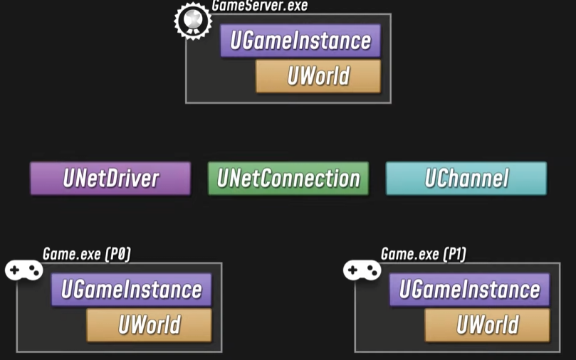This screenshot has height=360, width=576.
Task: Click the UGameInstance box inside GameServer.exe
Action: (x=300, y=41)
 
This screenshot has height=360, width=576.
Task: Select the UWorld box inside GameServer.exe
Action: (x=318, y=76)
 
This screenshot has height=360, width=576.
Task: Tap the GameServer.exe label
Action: (x=260, y=6)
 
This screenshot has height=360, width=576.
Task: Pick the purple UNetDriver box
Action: (x=110, y=178)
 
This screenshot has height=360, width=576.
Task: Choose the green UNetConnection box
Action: (x=288, y=178)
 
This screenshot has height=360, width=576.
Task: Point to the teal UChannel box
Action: (x=466, y=178)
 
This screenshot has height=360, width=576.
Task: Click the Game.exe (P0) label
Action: (x=87, y=254)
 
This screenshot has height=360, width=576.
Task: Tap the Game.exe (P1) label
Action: (x=424, y=254)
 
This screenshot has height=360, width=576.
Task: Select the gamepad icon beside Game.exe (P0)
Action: (x=24, y=270)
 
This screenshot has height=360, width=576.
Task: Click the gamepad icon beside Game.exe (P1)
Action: (x=362, y=270)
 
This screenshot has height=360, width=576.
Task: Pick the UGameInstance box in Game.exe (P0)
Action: (x=131, y=290)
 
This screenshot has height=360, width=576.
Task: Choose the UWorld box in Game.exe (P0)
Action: (x=149, y=325)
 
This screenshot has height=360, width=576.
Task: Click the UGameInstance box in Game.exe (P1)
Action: (x=469, y=290)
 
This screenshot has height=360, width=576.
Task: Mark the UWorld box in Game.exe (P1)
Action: (x=487, y=325)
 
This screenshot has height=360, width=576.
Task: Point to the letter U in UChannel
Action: (x=431, y=179)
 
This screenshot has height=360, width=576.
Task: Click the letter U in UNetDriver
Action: (x=69, y=179)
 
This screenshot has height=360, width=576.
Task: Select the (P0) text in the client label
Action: (x=117, y=254)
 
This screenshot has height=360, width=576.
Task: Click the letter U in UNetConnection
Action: (x=224, y=179)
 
